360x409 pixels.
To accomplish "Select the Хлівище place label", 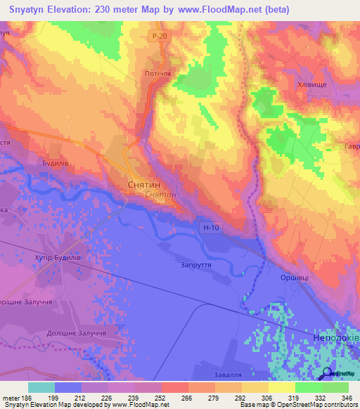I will coord(312,84).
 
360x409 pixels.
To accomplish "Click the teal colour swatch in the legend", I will coord(41,387).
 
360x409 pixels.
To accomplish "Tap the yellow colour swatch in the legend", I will coord(282,387).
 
